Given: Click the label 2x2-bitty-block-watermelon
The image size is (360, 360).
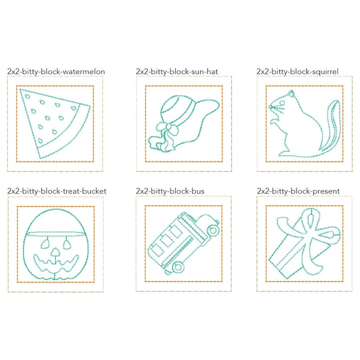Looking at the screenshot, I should (x=56, y=71).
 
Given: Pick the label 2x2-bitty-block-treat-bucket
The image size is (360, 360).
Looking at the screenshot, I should (x=57, y=191).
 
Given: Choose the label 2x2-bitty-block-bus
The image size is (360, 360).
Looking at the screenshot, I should (x=169, y=191).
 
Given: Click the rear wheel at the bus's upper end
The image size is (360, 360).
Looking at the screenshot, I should (x=213, y=230).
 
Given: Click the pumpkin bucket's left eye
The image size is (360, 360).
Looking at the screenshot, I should (x=43, y=242).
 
